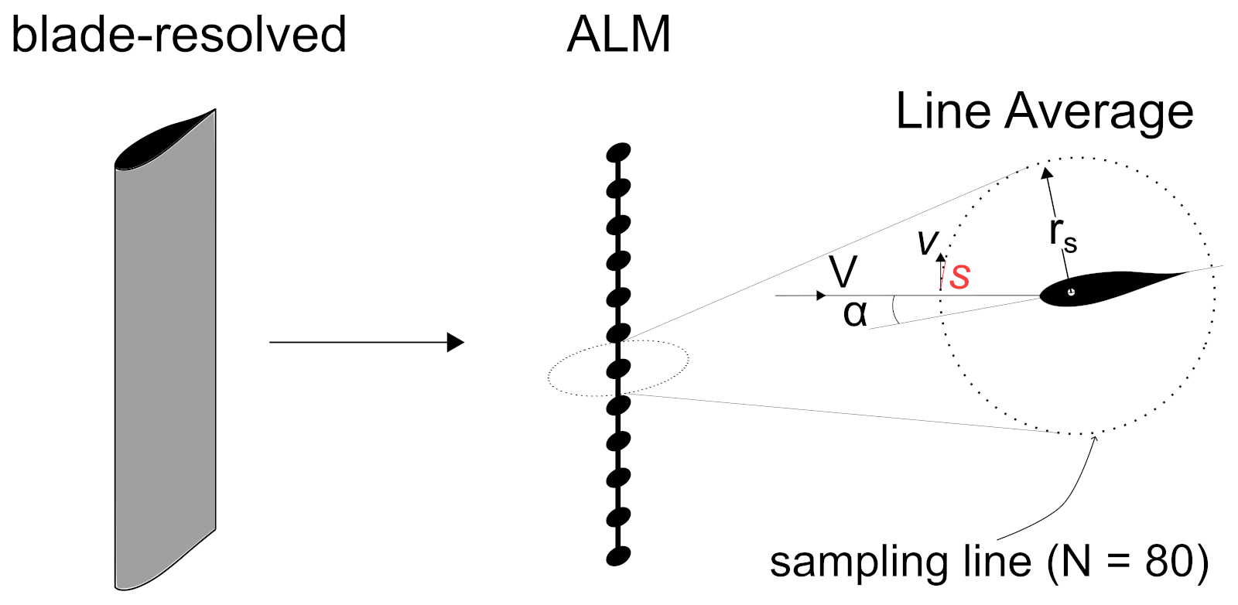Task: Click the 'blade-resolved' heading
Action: (x=179, y=35)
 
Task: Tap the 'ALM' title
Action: (x=618, y=35)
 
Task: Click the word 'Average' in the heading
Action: (x=1099, y=112)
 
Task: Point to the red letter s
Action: (x=960, y=276)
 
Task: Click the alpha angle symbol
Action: (x=855, y=313)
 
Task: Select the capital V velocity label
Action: (x=843, y=272)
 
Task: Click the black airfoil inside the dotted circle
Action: (x=1106, y=287)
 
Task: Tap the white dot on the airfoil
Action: (x=1071, y=292)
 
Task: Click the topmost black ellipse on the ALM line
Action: (x=619, y=152)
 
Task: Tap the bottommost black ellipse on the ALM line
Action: (x=618, y=555)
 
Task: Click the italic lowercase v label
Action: (x=926, y=242)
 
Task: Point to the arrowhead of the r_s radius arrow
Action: (x=1046, y=173)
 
